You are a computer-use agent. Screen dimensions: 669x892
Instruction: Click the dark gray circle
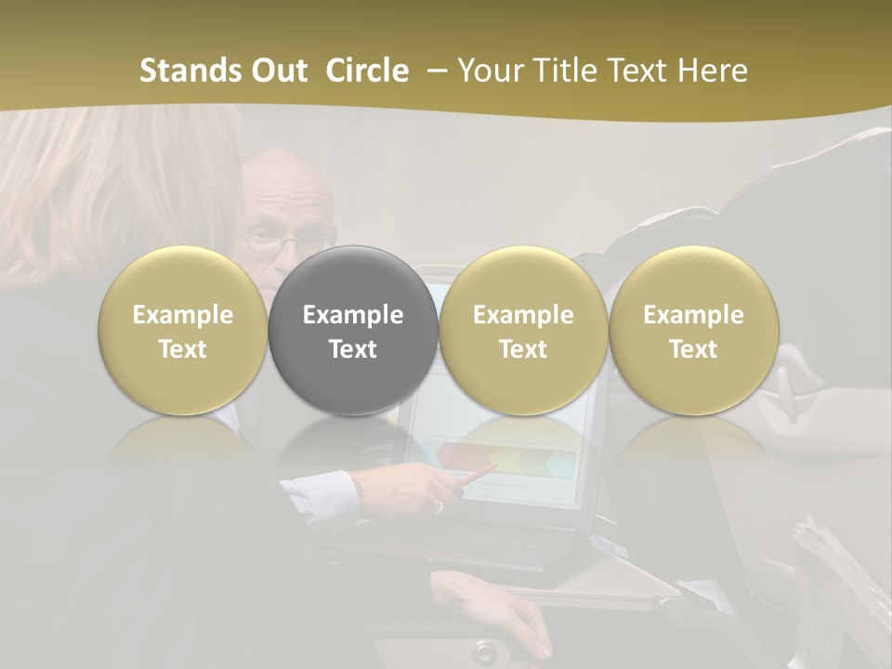[353, 330]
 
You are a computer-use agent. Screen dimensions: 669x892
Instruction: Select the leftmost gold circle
[183, 330]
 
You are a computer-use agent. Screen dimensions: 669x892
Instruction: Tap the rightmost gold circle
[693, 330]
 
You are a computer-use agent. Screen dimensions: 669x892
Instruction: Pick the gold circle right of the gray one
[523, 330]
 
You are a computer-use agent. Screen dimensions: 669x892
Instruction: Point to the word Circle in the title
[367, 71]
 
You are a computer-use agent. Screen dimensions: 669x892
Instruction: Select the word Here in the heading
[712, 71]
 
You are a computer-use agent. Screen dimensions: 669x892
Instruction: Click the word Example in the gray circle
[353, 315]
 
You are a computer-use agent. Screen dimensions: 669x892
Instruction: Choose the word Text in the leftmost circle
[183, 349]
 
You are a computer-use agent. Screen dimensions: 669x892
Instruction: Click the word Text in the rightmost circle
[693, 349]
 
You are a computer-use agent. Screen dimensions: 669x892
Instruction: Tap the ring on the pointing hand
[438, 505]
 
